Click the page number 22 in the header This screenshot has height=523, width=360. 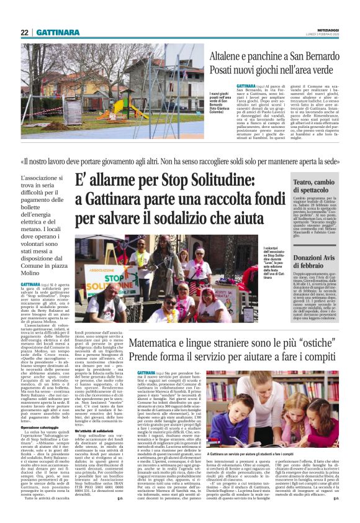click(x=25, y=32)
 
